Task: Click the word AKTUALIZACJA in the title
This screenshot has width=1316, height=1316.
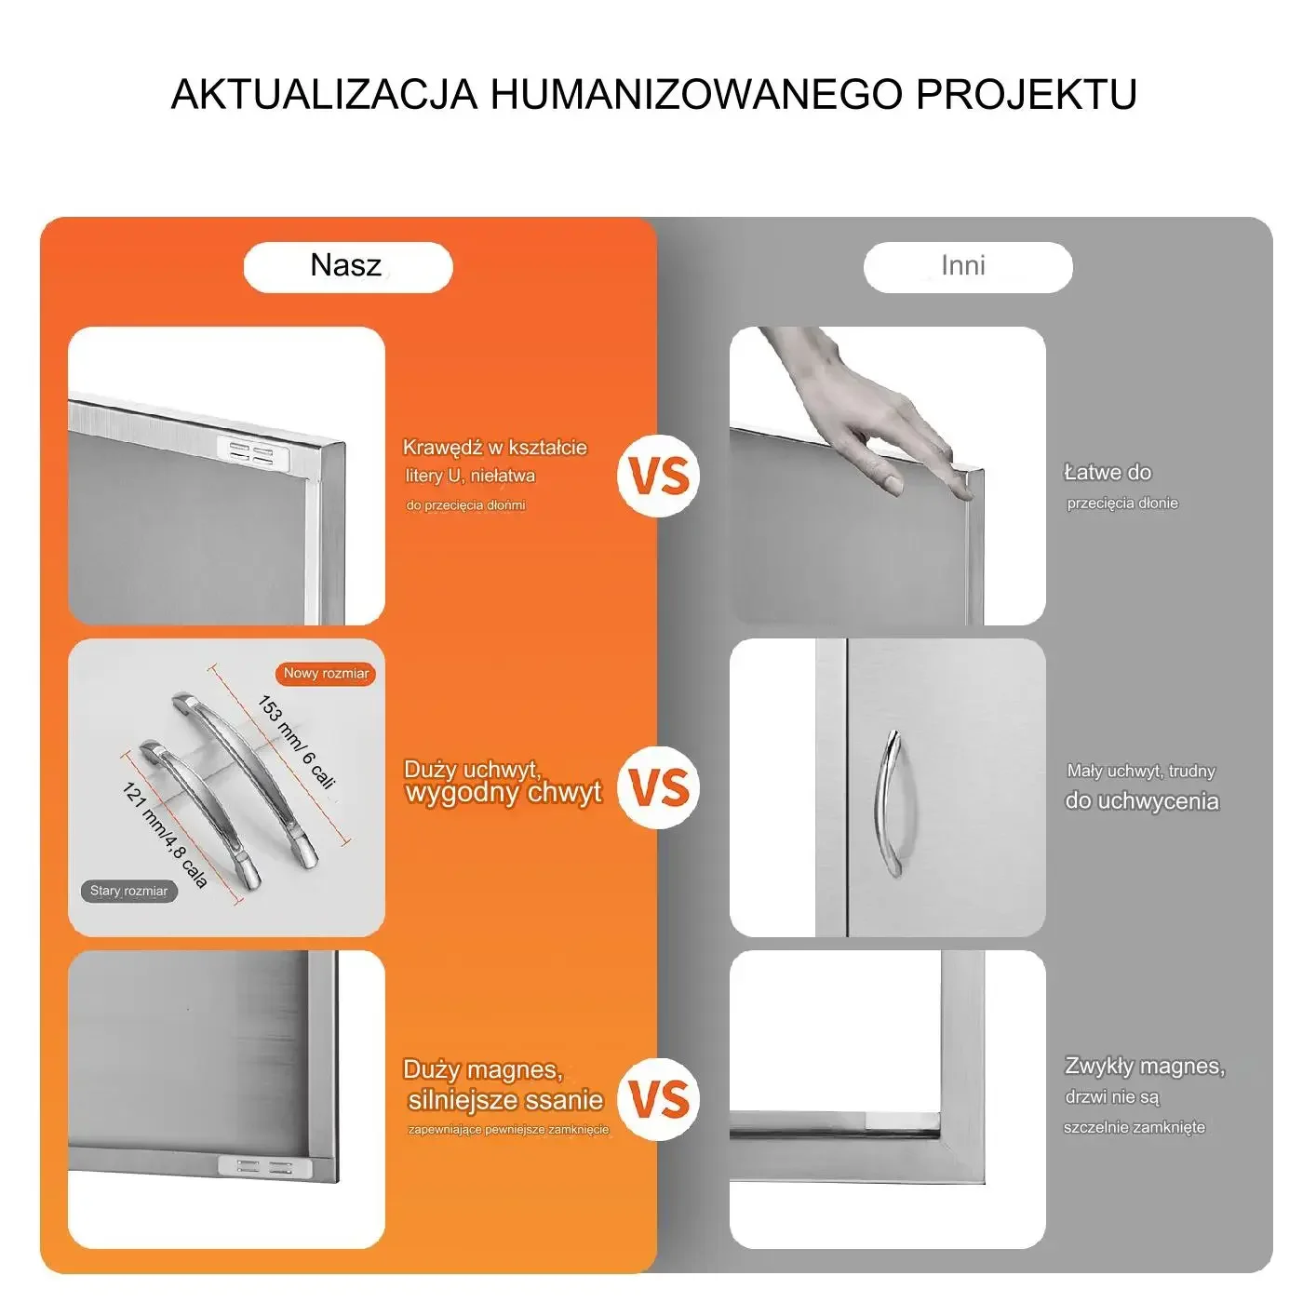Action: (x=324, y=94)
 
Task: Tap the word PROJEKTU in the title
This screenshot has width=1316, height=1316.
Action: (x=1027, y=94)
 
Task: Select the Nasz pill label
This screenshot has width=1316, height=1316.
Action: (x=347, y=267)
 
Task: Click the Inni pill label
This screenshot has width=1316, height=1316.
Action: (x=968, y=267)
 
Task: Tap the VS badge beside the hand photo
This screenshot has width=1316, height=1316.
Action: (x=658, y=476)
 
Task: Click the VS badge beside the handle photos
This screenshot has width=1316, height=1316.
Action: (x=658, y=787)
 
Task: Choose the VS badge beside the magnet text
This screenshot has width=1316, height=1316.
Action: (x=658, y=1099)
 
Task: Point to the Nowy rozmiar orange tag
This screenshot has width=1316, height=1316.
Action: (x=326, y=674)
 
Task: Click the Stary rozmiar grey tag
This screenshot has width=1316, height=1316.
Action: (x=128, y=892)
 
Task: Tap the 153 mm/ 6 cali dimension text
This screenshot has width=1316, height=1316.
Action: (x=296, y=743)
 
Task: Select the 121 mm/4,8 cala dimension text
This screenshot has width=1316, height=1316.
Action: (x=165, y=836)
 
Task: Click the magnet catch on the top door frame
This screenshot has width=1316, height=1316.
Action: (x=253, y=452)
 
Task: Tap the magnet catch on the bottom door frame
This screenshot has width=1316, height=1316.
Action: (x=265, y=1167)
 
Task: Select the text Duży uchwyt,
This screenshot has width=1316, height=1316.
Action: (x=473, y=770)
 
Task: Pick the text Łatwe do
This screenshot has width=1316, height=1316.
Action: (x=1108, y=472)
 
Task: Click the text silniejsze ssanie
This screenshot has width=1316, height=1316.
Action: (x=505, y=1101)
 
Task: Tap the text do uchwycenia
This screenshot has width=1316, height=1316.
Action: (x=1142, y=801)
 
